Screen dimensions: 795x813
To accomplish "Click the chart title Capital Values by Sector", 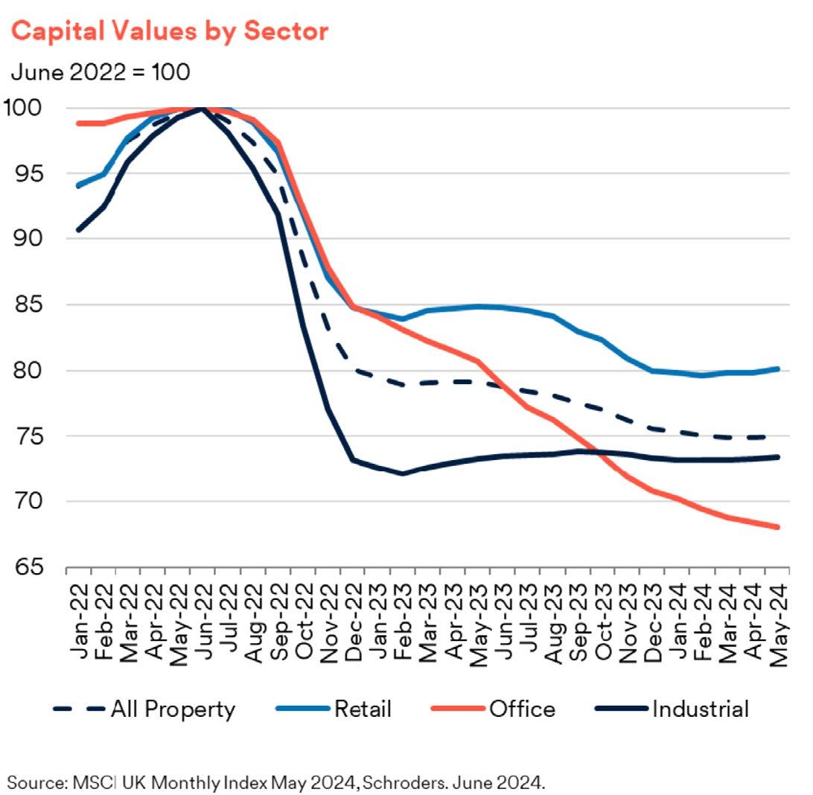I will (169, 32).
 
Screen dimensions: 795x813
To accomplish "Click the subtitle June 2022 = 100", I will (101, 72).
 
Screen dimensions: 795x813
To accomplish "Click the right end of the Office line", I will (777, 527).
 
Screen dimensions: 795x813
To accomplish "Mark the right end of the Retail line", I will (777, 368).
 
